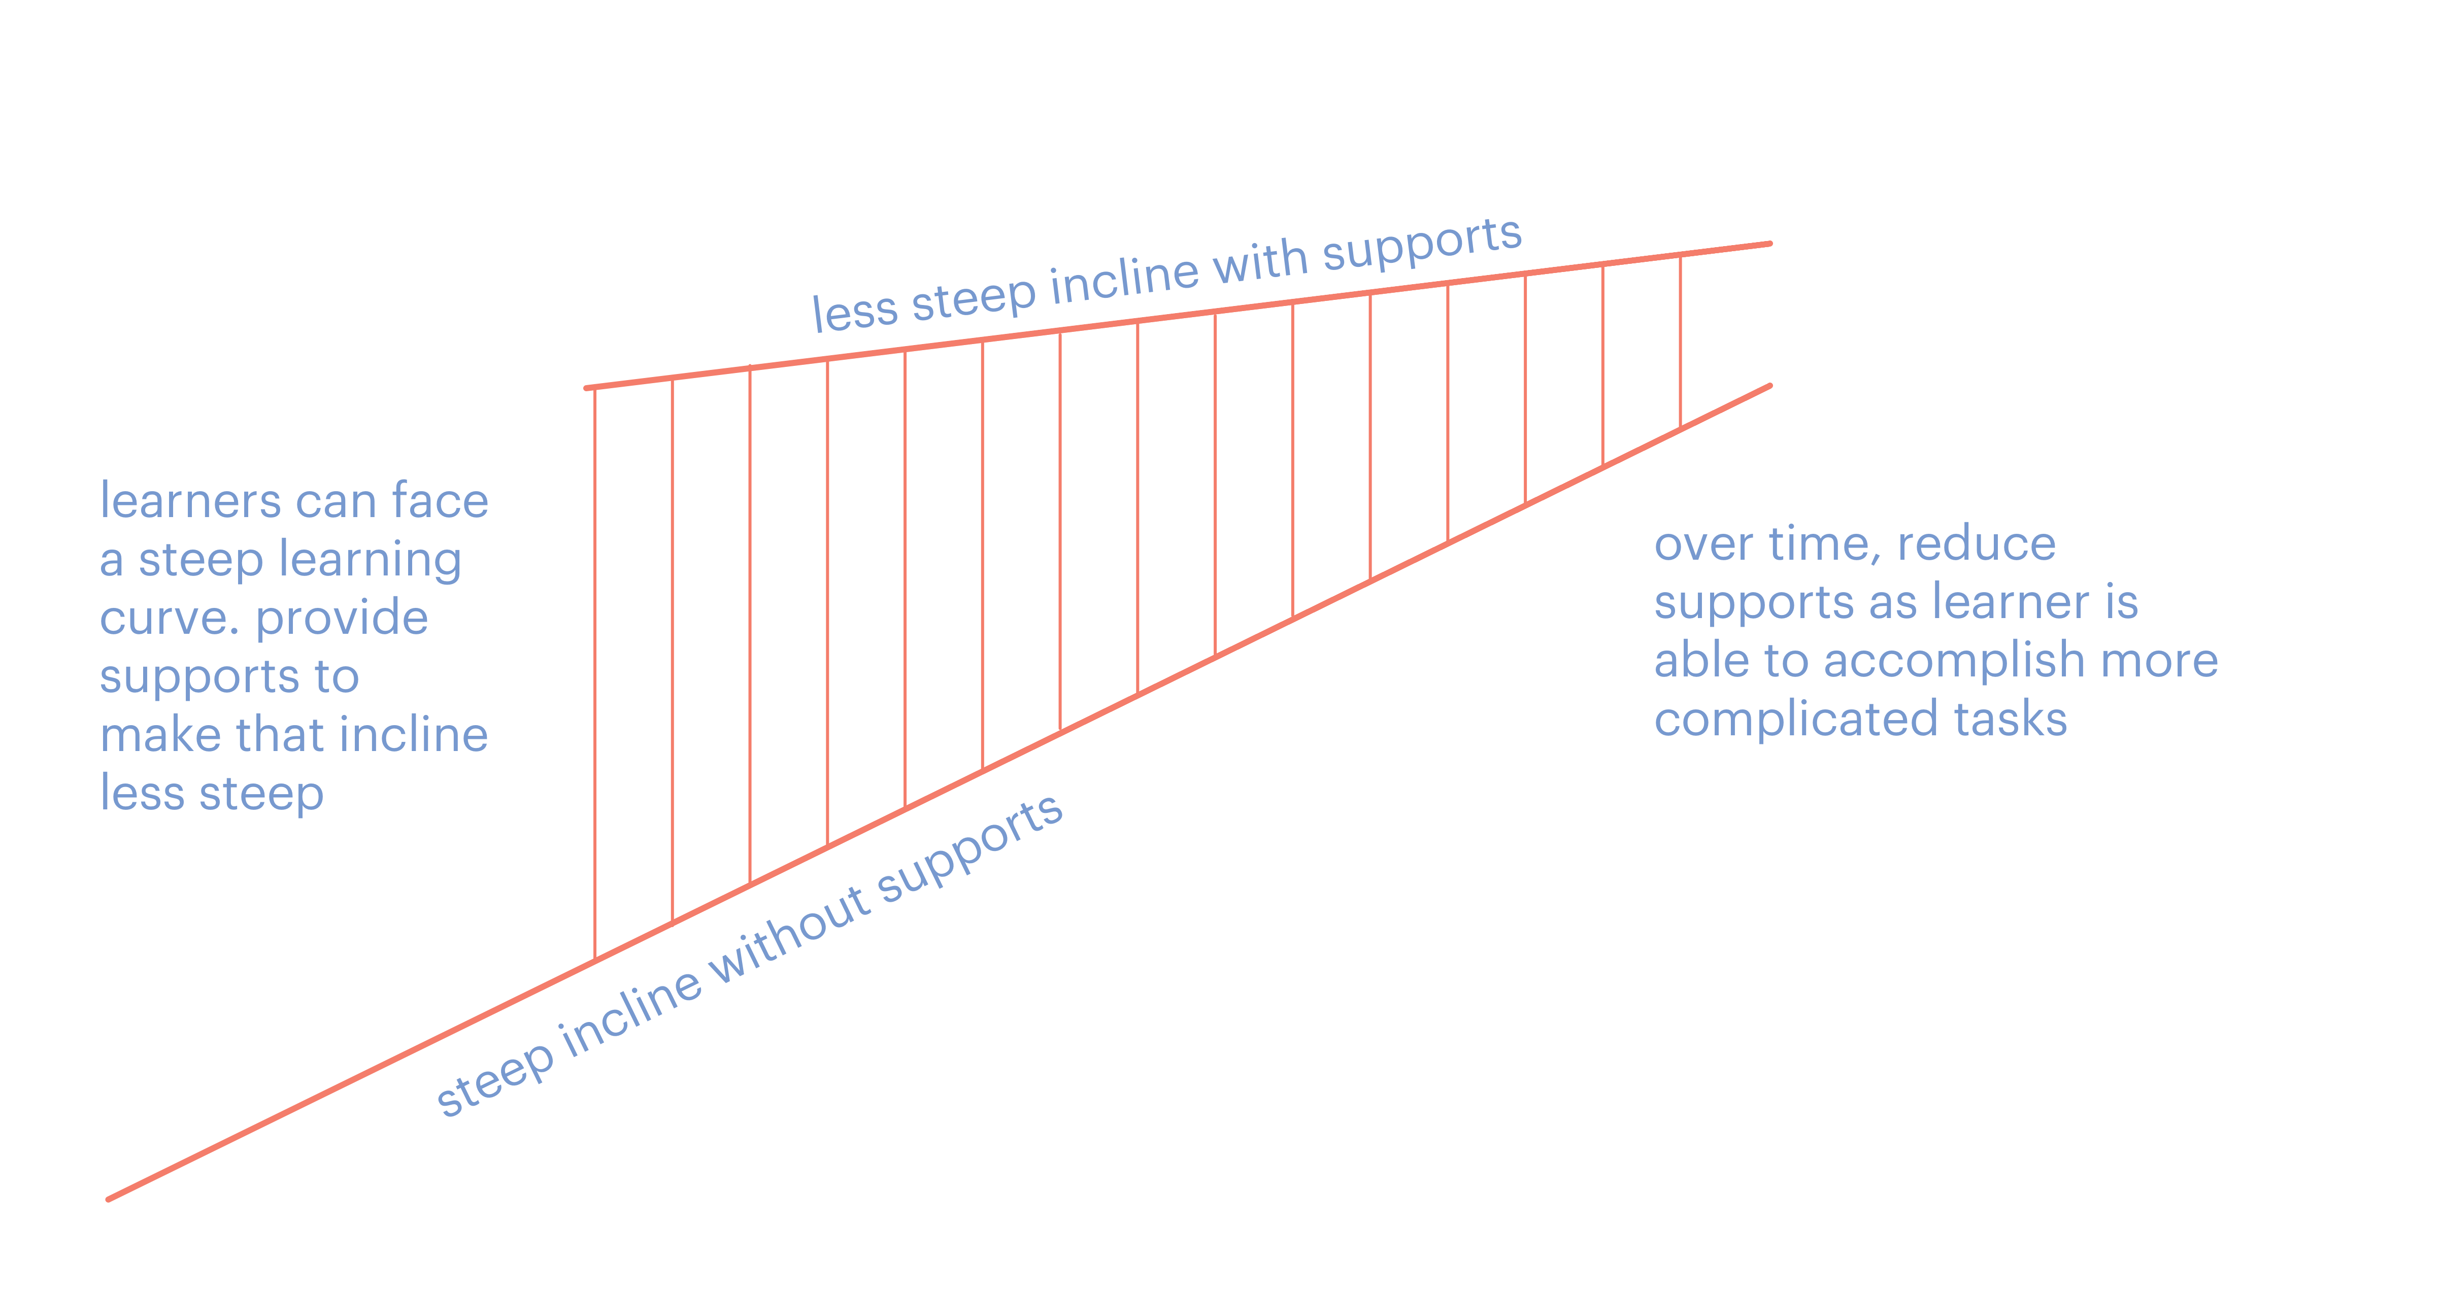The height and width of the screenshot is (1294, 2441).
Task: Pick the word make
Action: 160,735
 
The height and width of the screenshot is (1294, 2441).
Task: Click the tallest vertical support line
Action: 595,672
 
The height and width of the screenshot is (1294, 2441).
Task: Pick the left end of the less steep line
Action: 587,388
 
